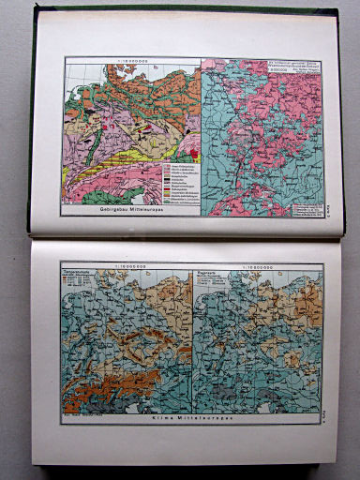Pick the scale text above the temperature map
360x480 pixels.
coord(129,266)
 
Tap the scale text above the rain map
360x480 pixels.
coord(256,266)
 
